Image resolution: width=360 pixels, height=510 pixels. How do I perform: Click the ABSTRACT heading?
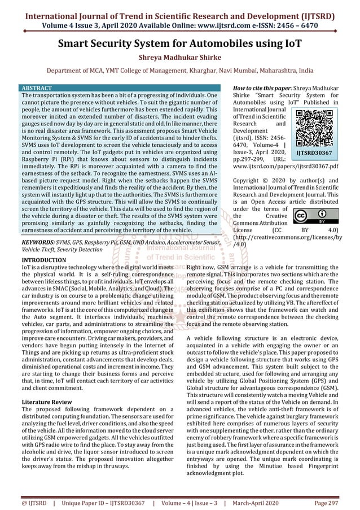pos(36,89)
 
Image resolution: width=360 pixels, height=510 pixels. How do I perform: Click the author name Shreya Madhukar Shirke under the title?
pos(179,57)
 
